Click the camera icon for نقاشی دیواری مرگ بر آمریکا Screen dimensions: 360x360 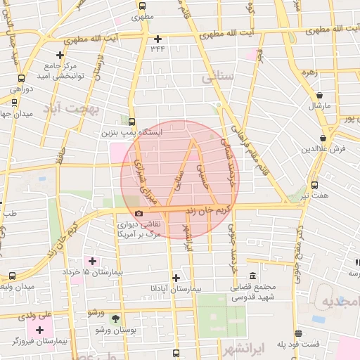(139, 213)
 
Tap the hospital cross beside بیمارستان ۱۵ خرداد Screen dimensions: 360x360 (92, 261)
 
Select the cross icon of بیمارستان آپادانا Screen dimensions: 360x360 (176, 278)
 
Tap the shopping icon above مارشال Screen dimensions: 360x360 (320, 95)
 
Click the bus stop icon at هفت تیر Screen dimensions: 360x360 (314, 185)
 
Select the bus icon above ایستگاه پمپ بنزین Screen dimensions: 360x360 (131, 121)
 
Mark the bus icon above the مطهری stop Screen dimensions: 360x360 (143, 6)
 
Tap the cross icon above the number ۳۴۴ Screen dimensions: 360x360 (157, 39)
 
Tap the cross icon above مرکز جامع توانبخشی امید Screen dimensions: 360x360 (60, 54)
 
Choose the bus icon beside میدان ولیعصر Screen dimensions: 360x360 (12, 276)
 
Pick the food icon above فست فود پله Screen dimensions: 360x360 (299, 333)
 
